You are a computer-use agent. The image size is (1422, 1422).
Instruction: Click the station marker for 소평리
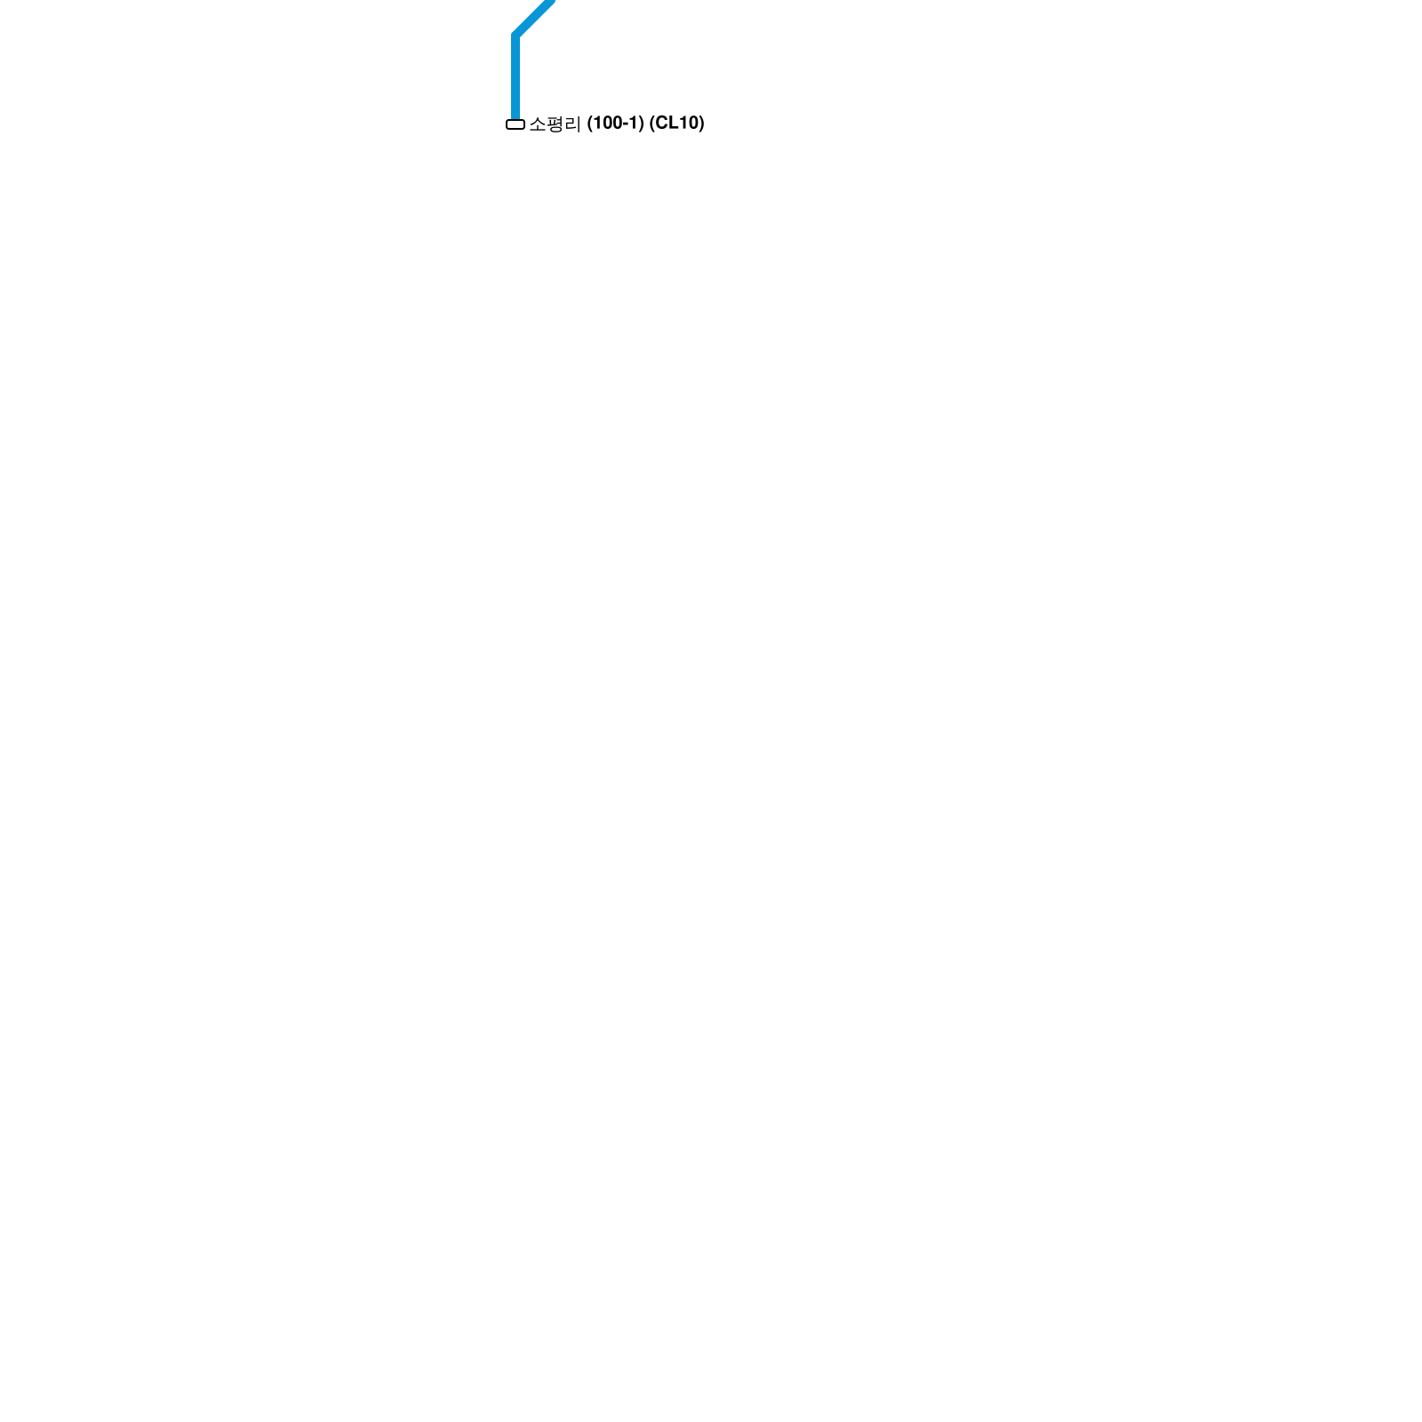click(x=515, y=124)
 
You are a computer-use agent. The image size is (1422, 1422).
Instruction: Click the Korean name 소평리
click(x=555, y=124)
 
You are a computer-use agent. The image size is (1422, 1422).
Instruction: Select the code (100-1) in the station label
click(x=615, y=124)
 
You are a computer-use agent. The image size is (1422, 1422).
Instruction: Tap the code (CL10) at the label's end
click(x=676, y=124)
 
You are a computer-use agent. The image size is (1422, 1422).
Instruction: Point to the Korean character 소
click(x=538, y=124)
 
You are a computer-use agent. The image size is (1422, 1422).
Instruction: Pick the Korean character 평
click(x=555, y=124)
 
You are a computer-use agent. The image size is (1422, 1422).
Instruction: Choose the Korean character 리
click(x=572, y=124)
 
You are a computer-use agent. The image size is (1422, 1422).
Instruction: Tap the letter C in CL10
click(x=661, y=124)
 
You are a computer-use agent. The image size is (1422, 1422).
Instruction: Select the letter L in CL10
click(x=673, y=124)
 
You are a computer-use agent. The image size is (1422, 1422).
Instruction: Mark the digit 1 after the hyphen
click(x=635, y=124)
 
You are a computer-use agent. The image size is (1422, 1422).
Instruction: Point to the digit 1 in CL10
click(x=683, y=124)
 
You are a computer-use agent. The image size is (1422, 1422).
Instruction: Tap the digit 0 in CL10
click(x=693, y=124)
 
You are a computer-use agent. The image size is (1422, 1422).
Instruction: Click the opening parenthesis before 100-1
click(x=589, y=124)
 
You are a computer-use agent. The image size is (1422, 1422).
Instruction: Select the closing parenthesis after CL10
click(x=701, y=124)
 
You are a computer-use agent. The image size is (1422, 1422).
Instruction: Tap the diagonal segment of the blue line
click(x=535, y=17)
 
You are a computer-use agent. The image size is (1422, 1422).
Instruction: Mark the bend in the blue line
click(x=515, y=36)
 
